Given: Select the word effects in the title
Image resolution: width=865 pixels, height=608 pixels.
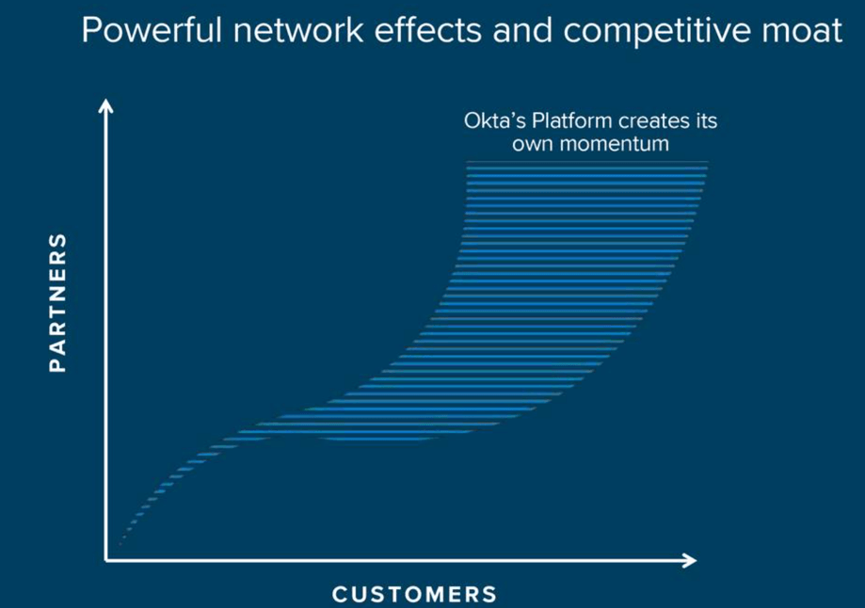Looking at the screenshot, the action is click(412, 31).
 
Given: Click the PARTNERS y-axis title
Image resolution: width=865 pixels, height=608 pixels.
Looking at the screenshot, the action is click(58, 302).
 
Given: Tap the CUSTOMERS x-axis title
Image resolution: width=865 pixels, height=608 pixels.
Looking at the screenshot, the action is click(414, 594).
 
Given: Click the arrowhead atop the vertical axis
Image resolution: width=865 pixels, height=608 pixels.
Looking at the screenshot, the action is click(105, 105).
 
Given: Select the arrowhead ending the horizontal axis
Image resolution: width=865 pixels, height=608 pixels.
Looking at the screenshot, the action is click(690, 561).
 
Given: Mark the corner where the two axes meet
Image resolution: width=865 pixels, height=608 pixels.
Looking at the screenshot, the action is click(106, 561).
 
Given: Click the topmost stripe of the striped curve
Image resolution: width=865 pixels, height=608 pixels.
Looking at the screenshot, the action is click(585, 164).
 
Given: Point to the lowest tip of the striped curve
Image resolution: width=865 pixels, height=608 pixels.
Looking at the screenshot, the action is click(120, 544).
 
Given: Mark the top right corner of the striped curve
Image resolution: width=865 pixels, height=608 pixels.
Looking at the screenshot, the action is click(706, 164).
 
